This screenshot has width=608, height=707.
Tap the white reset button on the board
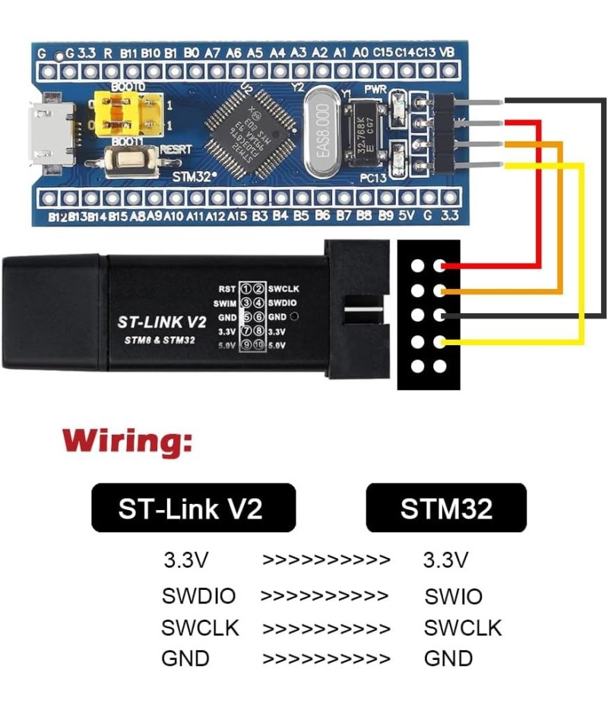[126, 160]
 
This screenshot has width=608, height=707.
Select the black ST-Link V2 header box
[193, 508]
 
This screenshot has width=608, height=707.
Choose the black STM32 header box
[446, 508]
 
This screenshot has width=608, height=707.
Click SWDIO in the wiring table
[198, 596]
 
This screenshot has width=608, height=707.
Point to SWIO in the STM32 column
[453, 596]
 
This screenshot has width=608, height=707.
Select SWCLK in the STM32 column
[463, 628]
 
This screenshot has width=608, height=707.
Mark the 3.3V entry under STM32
[445, 561]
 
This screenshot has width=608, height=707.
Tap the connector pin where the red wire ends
[439, 266]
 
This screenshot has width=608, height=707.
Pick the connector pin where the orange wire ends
[439, 290]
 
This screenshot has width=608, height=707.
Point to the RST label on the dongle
[226, 289]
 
